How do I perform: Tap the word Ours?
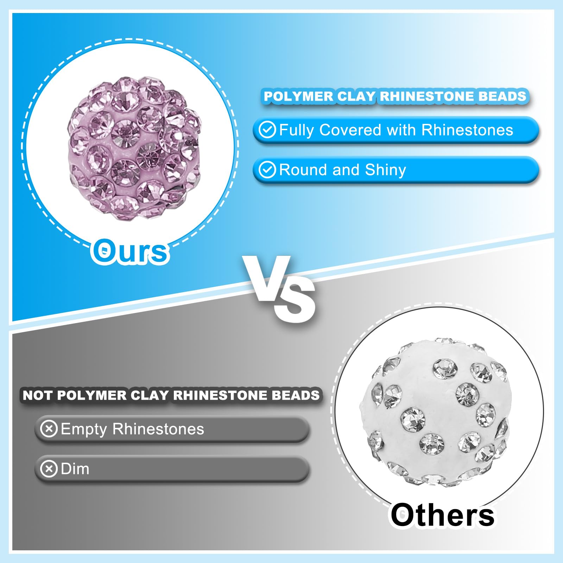[130, 251]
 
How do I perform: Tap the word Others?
[442, 514]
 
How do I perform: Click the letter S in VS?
[295, 299]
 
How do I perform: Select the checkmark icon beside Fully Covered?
[267, 130]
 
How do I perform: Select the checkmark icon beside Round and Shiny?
[267, 170]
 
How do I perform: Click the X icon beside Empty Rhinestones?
[49, 429]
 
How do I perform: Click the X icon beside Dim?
[49, 469]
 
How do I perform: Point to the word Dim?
[75, 469]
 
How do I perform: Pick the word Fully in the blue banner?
[296, 131]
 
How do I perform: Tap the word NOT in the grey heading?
[37, 395]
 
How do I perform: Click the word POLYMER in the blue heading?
[298, 96]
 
